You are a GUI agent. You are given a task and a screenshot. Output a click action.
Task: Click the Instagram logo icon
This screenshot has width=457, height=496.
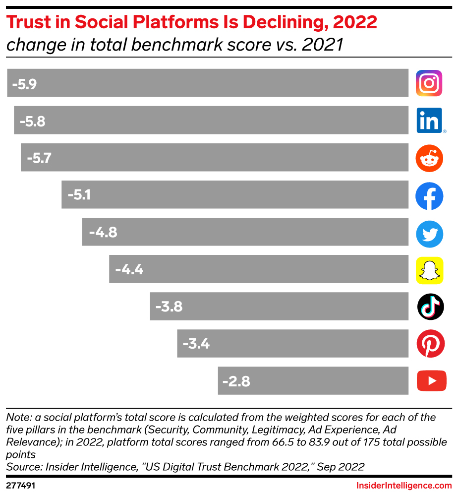(429, 83)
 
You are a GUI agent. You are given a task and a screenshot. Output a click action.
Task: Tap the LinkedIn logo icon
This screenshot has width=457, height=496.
(429, 121)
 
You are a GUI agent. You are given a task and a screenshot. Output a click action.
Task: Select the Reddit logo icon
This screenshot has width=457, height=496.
(429, 158)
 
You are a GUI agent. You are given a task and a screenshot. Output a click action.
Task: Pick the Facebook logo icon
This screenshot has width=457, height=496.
(429, 196)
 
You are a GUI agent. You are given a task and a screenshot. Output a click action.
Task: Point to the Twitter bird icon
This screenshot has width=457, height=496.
(429, 234)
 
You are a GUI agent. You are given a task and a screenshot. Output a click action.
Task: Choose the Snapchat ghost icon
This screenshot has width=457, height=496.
(429, 271)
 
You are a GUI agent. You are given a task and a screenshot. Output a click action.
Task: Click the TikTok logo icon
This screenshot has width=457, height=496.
(430, 307)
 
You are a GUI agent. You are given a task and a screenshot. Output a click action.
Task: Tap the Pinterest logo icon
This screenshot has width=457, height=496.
(430, 344)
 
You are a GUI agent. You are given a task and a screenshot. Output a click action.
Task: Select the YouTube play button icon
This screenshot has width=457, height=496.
(431, 381)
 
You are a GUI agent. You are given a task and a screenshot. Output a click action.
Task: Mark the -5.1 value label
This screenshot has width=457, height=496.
(79, 195)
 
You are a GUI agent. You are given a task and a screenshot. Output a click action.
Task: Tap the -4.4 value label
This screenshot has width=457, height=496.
(129, 270)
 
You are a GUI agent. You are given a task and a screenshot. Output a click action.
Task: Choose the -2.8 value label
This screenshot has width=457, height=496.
(236, 381)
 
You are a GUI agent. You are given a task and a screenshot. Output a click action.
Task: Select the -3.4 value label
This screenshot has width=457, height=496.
(196, 344)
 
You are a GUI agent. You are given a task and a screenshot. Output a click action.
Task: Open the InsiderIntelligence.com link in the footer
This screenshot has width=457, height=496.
(404, 486)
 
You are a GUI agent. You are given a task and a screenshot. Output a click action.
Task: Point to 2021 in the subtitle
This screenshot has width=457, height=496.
(323, 45)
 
